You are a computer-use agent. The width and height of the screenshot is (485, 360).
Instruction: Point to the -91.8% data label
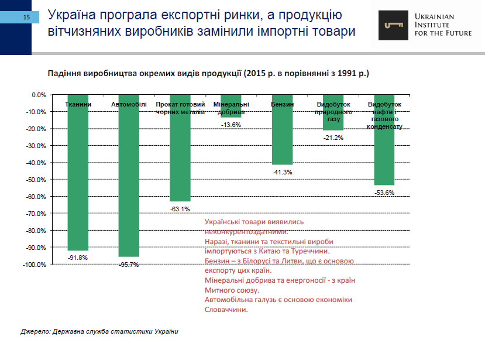pyautogui.click(x=78, y=258)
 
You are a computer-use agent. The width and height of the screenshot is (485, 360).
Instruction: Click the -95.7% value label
pyautogui.click(x=129, y=265)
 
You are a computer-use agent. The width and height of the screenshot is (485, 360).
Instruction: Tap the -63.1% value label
pyautogui.click(x=180, y=209)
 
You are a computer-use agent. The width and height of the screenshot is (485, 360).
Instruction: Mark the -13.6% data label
pyautogui.click(x=231, y=125)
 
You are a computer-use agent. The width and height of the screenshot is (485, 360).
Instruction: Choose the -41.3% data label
pyautogui.click(x=282, y=172)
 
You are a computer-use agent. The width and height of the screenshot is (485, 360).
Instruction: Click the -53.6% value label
pyautogui.click(x=384, y=193)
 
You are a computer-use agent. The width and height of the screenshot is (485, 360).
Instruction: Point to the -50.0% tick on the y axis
pyautogui.click(x=37, y=180)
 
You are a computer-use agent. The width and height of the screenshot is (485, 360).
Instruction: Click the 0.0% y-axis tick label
pyautogui.click(x=39, y=95)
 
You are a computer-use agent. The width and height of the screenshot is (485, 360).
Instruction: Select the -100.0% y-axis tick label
pyautogui.click(x=36, y=265)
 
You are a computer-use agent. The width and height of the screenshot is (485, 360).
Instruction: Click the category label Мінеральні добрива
pyautogui.click(x=231, y=108)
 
